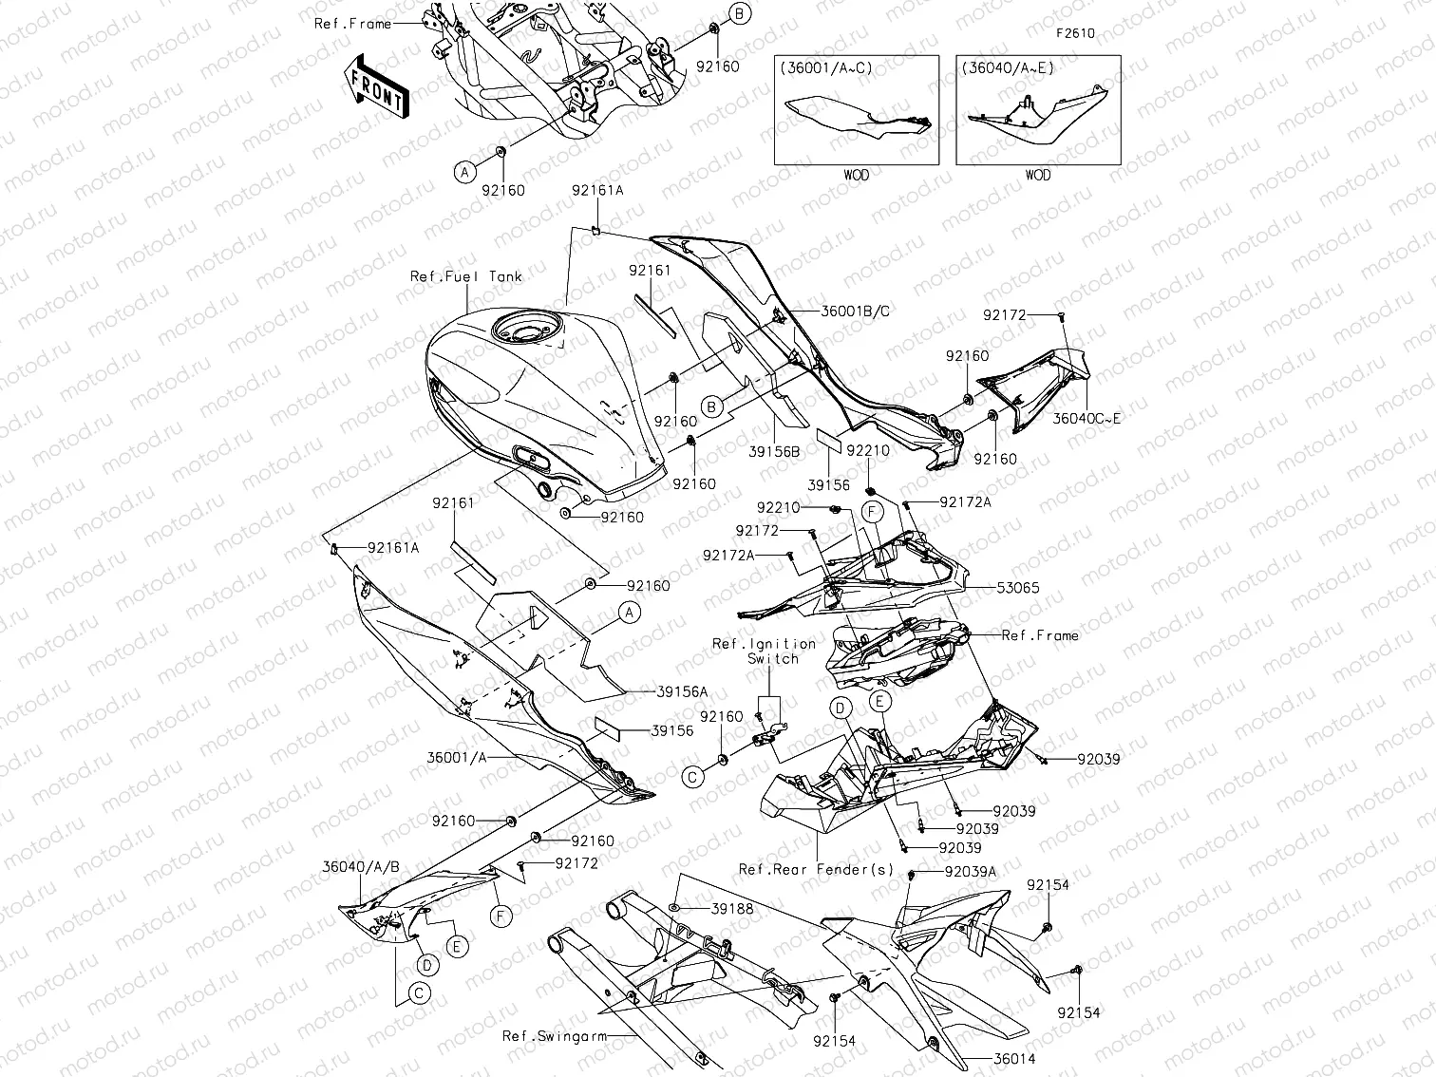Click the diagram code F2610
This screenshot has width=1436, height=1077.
coord(1075,33)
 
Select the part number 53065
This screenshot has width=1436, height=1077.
coord(1018,588)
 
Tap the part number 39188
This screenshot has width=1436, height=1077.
coord(732,909)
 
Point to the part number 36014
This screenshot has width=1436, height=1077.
coord(1013,1059)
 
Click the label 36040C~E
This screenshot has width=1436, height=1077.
coord(1086,418)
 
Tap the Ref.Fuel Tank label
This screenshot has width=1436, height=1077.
coord(465,277)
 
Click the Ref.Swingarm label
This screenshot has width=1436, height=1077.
coord(555,1036)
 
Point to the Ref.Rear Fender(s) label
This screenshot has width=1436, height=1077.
coord(816,870)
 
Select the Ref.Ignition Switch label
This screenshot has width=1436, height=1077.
coord(765,651)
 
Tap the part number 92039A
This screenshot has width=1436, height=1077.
coord(971,872)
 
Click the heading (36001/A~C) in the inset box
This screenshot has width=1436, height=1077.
coord(825,68)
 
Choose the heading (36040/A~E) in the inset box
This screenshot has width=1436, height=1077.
coord(1007,68)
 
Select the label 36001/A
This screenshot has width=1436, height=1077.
coord(457,757)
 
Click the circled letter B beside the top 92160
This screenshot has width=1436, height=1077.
coord(741,12)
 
